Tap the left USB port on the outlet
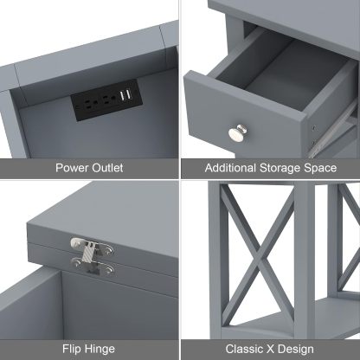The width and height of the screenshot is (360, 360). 121,93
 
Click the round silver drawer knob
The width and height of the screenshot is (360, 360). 235,133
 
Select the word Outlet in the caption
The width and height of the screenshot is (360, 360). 108,168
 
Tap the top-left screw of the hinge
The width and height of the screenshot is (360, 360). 75,242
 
